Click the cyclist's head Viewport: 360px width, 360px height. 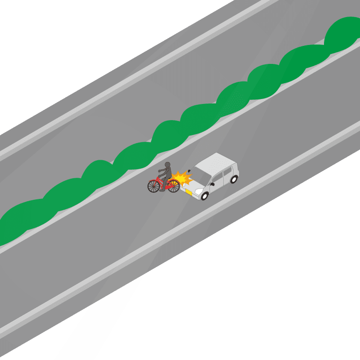pos(168,165)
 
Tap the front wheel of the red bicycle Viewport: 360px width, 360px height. pos(173,185)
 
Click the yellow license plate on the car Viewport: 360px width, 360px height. pos(189,193)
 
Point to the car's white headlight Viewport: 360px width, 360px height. pos(198,191)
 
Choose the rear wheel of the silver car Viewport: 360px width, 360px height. pos(234,179)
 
